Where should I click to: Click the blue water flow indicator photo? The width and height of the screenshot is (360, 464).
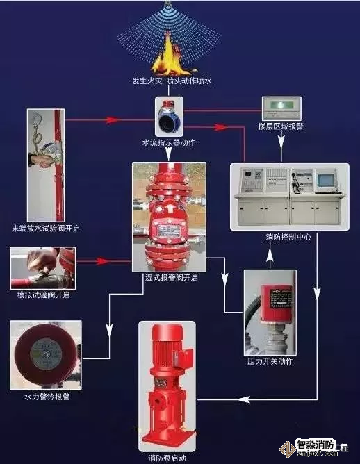168,115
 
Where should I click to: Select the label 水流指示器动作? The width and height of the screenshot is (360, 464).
168,142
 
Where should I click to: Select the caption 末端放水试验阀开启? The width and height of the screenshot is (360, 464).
45,228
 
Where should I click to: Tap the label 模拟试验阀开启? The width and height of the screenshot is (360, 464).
43,294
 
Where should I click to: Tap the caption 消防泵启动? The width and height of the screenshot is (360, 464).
167,458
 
